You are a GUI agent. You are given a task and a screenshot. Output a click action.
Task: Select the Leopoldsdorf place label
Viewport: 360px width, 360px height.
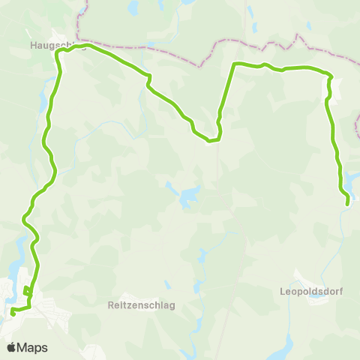tap(310, 292)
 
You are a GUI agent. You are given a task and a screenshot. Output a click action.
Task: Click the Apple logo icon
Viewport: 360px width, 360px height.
tap(11, 347)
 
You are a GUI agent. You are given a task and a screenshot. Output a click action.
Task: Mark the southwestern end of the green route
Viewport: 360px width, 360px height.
tap(13, 313)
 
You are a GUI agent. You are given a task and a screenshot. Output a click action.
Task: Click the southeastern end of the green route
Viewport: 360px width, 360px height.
tap(347, 203)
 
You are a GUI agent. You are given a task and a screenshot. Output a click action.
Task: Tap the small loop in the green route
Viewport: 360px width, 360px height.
tap(27, 291)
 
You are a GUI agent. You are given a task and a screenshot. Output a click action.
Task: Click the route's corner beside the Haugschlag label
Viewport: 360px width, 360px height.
tap(56, 53)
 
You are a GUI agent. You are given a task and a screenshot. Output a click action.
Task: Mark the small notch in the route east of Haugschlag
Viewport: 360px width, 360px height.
tap(148, 78)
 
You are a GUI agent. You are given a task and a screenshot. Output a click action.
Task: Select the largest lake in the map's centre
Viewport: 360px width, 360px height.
tap(186, 199)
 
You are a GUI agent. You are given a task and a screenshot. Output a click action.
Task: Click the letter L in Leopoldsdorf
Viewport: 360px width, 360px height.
tap(282, 292)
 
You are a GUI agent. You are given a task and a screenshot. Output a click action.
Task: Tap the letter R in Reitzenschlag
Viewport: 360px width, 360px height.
tap(111, 305)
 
